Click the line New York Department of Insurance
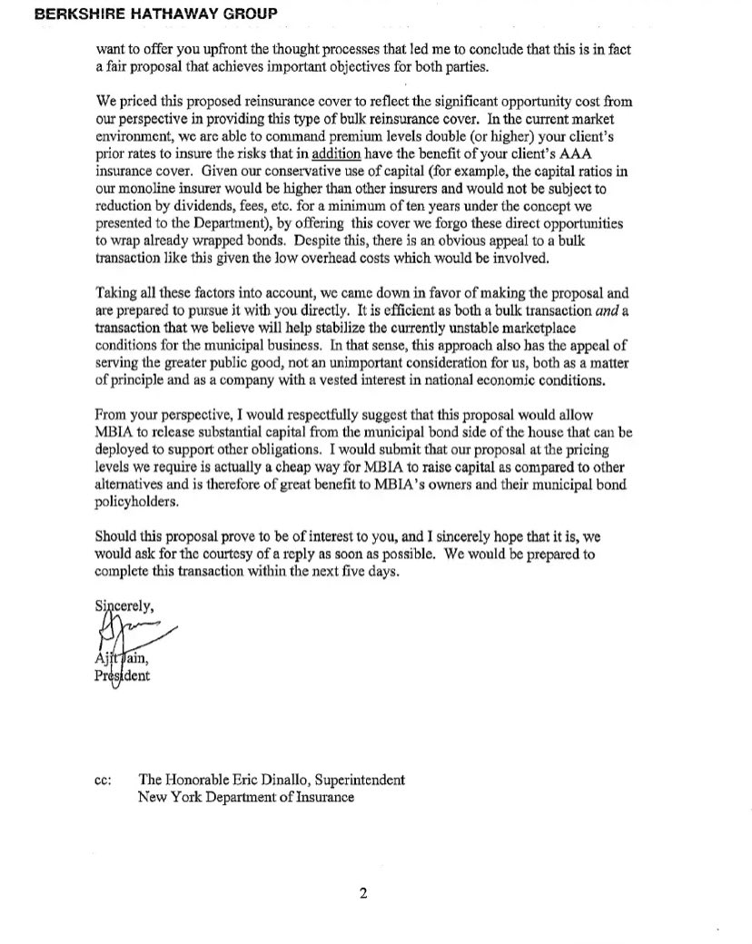pyautogui.click(x=245, y=797)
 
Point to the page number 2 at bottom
pyautogui.click(x=363, y=894)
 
